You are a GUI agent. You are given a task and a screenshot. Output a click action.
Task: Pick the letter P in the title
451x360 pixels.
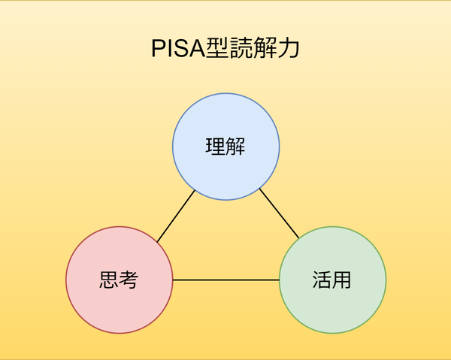159,50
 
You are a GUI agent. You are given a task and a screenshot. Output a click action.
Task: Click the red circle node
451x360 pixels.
119,301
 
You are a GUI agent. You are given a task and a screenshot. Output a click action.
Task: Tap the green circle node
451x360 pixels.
332,301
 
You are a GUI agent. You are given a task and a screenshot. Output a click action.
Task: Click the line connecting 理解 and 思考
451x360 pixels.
176,216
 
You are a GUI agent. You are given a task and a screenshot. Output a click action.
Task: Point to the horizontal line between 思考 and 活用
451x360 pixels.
225,280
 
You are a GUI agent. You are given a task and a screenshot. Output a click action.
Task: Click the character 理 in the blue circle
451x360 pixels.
216,146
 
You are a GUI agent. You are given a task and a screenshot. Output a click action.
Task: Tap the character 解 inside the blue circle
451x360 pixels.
236,146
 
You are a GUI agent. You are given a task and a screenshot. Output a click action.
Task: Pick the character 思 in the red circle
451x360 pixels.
109,280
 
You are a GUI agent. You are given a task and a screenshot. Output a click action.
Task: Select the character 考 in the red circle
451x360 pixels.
129,280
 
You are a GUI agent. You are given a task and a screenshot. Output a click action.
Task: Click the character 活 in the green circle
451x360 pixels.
322,280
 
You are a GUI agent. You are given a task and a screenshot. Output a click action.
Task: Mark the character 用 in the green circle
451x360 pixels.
342,280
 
